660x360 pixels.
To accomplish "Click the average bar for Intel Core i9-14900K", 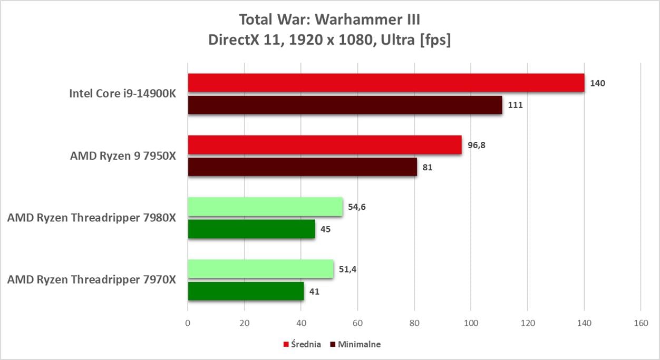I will [386, 83].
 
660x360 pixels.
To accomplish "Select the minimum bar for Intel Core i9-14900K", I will [345, 105].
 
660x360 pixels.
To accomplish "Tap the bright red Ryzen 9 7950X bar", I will [325, 145].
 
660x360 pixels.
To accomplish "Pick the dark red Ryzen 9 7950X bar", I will [302, 167].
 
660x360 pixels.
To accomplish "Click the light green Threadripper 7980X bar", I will [265, 207].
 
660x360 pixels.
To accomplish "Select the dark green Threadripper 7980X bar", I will [251, 229].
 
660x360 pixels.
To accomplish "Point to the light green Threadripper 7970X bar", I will [260, 269].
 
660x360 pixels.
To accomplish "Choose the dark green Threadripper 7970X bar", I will [246, 291].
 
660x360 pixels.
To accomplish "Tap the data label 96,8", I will [475, 145].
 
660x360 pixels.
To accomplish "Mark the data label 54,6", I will [356, 207].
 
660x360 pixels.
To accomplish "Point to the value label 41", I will [315, 291].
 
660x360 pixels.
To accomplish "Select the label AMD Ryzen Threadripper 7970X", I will [91, 280].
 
